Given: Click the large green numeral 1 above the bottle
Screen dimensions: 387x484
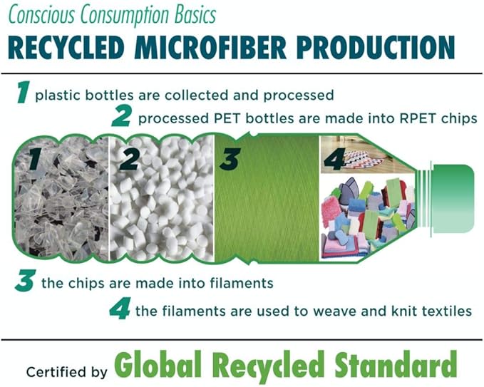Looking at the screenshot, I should (23, 93).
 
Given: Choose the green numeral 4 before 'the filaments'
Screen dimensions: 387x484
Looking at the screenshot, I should (120, 308).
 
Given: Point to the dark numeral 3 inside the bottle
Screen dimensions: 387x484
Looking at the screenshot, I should (228, 159).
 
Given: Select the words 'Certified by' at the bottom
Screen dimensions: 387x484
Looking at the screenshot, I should (66, 371).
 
